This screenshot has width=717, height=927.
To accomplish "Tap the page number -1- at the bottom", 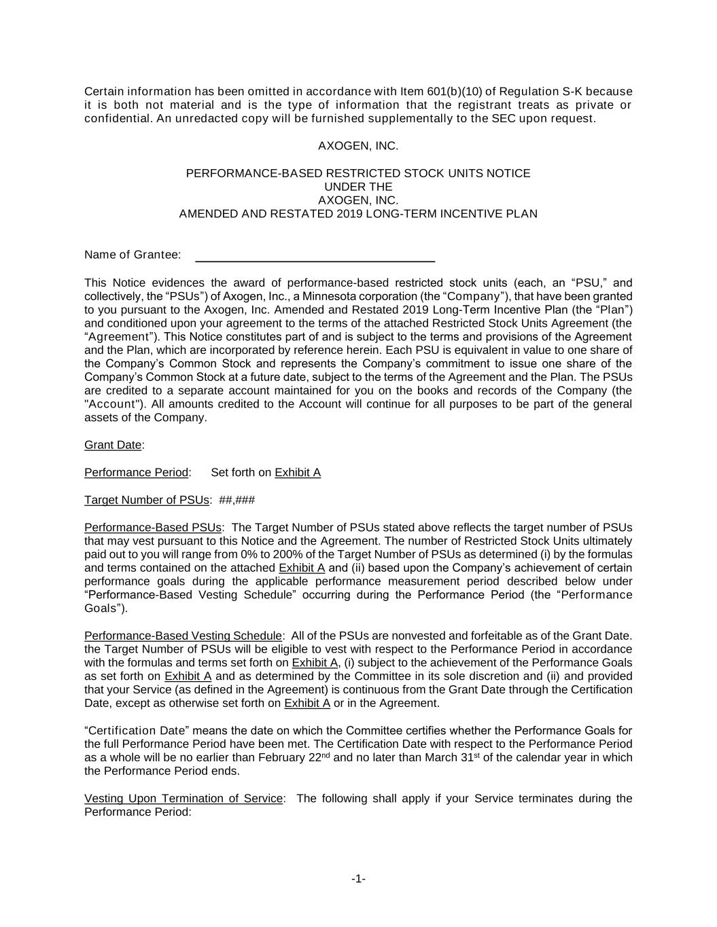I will tap(358, 879).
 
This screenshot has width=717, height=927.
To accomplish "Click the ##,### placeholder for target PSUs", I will tap(237, 500).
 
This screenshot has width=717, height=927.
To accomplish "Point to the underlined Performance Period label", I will tap(136, 472).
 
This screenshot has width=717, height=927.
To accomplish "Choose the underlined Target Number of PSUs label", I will tap(146, 500).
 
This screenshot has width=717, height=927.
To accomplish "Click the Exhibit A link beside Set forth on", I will tap(298, 472).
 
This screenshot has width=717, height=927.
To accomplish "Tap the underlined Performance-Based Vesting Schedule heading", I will tap(183, 636).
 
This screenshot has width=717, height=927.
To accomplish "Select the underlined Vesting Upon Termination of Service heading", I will tap(183, 798).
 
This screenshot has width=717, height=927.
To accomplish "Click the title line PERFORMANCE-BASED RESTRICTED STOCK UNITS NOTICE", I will tap(358, 173).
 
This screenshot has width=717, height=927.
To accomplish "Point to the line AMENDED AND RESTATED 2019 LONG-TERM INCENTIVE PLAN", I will tap(358, 214).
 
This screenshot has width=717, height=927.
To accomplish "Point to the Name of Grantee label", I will tap(133, 255).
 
